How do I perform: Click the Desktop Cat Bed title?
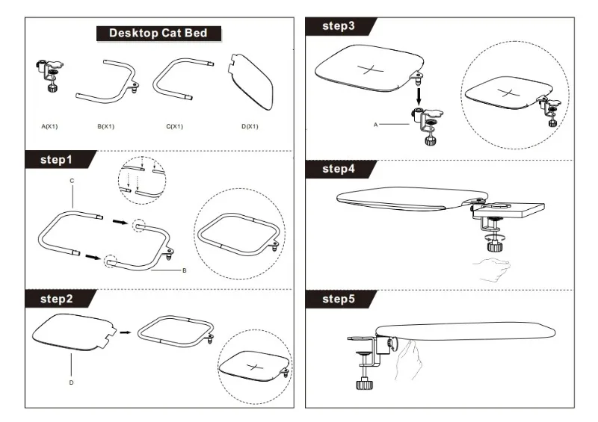click(158, 33)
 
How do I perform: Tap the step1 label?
click(56, 160)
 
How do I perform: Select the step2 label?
click(56, 299)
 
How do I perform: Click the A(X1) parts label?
click(49, 126)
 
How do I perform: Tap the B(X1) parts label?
click(105, 126)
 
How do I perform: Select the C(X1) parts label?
click(174, 126)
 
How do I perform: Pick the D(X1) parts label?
click(250, 126)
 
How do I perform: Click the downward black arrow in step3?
click(419, 94)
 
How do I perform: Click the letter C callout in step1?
click(72, 181)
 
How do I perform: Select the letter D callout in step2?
click(72, 382)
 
